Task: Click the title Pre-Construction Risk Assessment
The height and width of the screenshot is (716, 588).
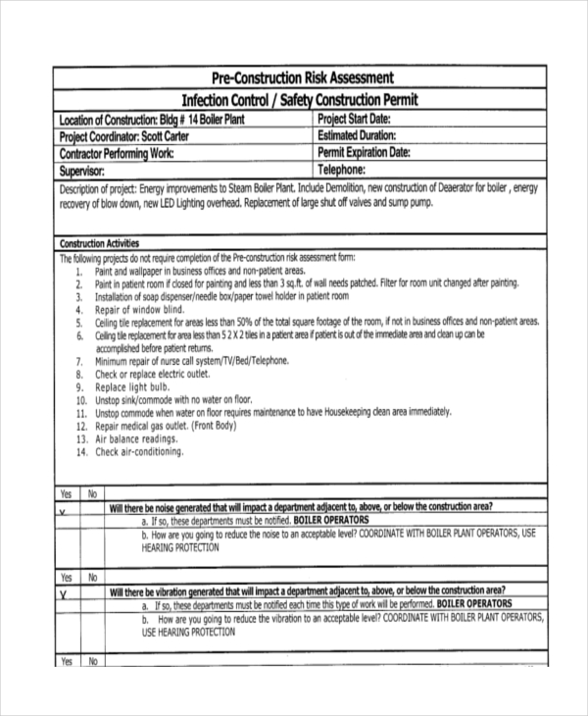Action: click(x=303, y=77)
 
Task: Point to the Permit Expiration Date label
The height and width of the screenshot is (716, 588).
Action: click(x=364, y=152)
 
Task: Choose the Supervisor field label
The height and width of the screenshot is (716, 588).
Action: click(x=86, y=170)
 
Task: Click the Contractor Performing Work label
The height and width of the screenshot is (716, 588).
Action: click(x=117, y=153)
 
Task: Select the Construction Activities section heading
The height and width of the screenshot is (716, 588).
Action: click(x=99, y=243)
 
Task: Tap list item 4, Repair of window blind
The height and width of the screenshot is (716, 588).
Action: click(x=140, y=308)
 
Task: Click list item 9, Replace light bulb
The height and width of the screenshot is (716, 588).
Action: click(x=133, y=387)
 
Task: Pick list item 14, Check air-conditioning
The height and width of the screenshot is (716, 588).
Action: click(x=139, y=452)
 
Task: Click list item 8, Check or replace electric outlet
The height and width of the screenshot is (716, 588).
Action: click(x=153, y=374)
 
